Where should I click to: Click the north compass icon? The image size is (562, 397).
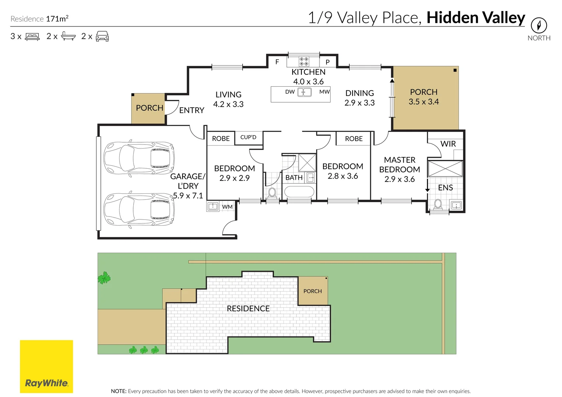538,25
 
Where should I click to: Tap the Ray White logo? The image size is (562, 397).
46,366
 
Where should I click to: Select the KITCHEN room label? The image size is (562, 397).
308,72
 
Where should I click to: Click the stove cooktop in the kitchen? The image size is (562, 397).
304,61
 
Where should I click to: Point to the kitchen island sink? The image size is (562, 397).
304,92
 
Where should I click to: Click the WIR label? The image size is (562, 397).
448,144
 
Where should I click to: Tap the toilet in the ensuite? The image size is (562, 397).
438,204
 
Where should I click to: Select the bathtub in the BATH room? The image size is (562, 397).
299,192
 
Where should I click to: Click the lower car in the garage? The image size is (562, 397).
139,209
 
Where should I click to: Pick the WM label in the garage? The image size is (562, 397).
227,207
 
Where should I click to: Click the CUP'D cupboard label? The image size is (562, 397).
248,137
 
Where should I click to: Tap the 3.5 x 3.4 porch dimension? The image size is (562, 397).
424,102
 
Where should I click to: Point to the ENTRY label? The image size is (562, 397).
191,110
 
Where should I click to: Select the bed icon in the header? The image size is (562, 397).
32,37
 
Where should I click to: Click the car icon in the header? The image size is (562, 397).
102,36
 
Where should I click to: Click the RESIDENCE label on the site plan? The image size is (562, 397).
248,308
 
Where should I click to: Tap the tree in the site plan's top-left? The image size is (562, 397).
104,278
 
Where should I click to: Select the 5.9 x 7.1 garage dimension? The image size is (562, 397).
188,196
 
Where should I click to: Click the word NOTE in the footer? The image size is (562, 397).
119,391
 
